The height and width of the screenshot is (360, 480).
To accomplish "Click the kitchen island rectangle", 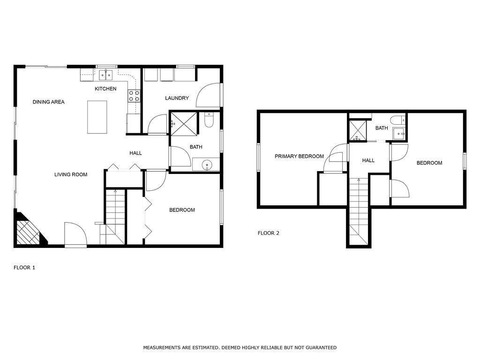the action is pyautogui.click(x=97, y=117).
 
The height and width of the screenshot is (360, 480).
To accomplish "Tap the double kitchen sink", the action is pyautogui.click(x=106, y=75).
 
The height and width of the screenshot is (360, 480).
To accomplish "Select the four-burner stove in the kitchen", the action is pyautogui.click(x=134, y=96).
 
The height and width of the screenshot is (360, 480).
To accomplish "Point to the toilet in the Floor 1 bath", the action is pyautogui.click(x=209, y=120).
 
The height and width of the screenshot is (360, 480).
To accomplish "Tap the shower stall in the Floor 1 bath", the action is pyautogui.click(x=184, y=123).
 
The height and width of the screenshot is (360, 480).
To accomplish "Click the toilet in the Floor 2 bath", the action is pyautogui.click(x=398, y=119).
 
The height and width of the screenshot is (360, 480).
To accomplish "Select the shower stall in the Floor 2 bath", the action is pyautogui.click(x=358, y=130).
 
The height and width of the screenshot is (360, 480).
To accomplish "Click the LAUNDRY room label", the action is pyautogui.click(x=177, y=98).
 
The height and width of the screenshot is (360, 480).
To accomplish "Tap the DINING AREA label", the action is pyautogui.click(x=48, y=102).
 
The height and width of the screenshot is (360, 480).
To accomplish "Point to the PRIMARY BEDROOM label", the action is pyautogui.click(x=299, y=156).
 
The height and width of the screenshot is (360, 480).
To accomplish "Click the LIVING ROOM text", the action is pyautogui.click(x=71, y=174).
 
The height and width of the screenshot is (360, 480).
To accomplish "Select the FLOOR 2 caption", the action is pyautogui.click(x=269, y=233).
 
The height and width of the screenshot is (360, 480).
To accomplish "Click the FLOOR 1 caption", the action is pyautogui.click(x=24, y=268).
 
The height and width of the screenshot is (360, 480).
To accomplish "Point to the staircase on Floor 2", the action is pyautogui.click(x=359, y=211).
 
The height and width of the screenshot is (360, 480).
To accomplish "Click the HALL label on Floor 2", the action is pyautogui.click(x=368, y=160).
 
